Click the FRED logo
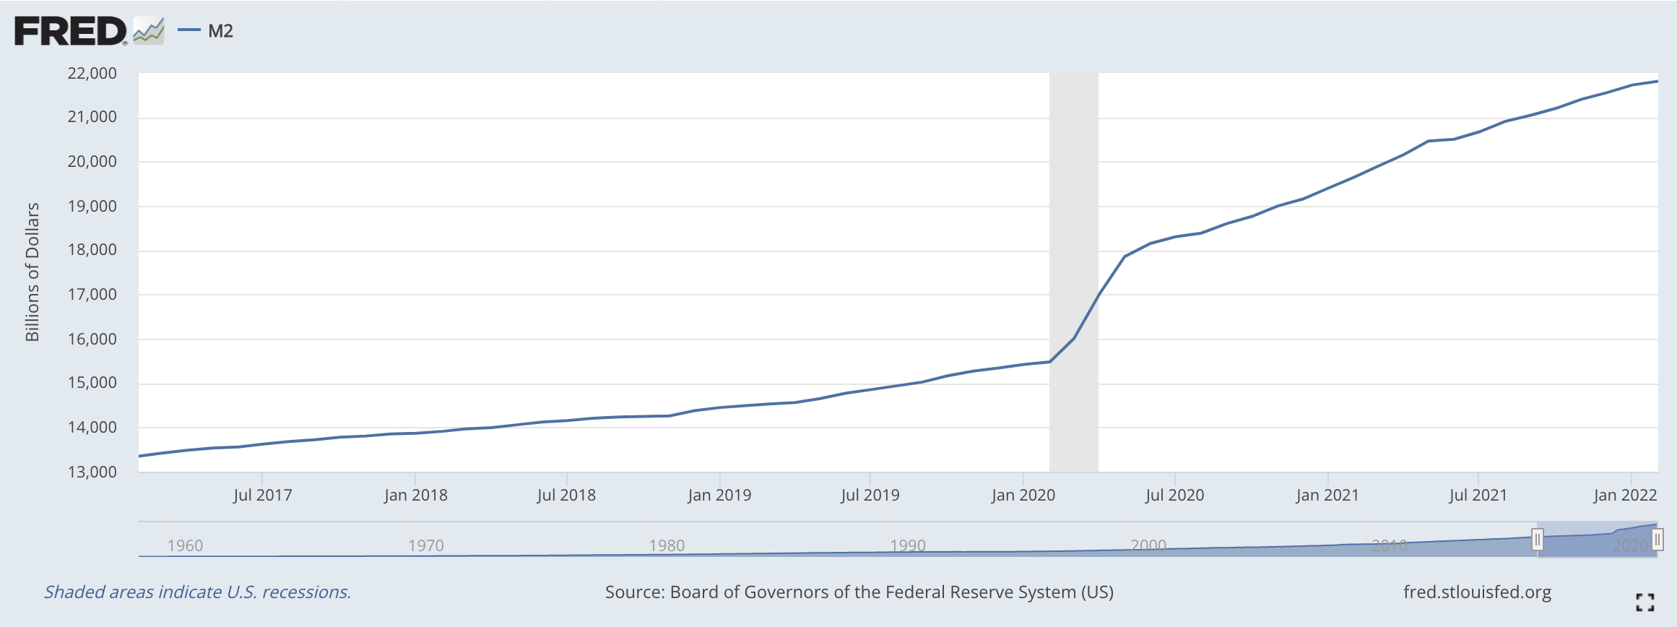click(71, 31)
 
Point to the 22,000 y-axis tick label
click(92, 73)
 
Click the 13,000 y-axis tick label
click(92, 472)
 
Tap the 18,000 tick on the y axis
click(92, 250)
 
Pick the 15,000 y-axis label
click(92, 383)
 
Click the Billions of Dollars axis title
click(32, 272)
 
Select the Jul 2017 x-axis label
click(263, 495)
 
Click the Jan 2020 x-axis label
click(1023, 495)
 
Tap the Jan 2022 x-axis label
click(1625, 495)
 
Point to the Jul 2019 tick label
click(870, 495)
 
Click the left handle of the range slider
click(1538, 539)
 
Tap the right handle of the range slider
click(1657, 539)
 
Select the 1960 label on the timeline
click(185, 545)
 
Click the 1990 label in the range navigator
click(908, 545)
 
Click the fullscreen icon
click(1644, 602)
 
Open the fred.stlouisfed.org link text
click(1477, 592)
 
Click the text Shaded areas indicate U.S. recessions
click(197, 592)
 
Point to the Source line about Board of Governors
click(859, 592)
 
